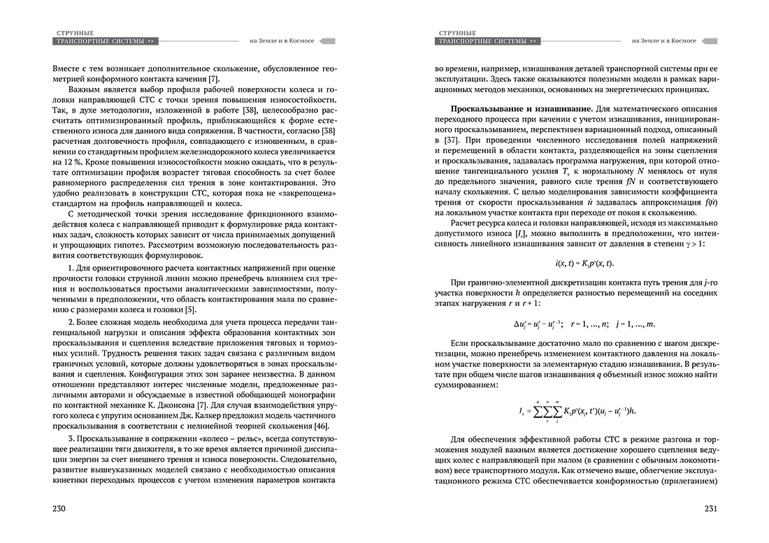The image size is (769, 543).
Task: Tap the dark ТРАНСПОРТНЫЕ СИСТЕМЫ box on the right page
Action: (487, 42)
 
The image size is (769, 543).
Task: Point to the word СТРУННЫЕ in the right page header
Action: (457, 32)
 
